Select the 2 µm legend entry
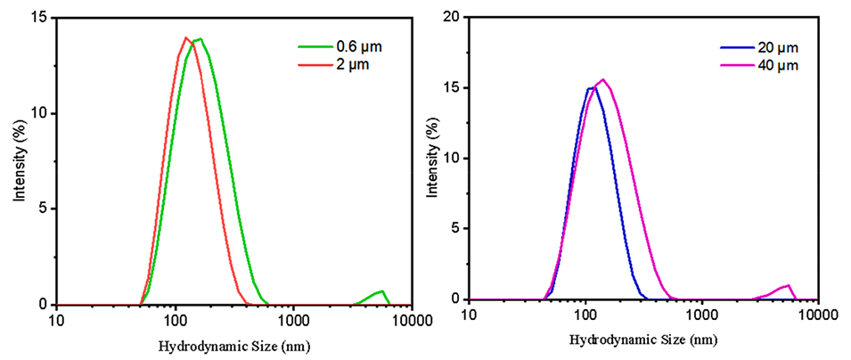334,64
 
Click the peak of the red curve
185,37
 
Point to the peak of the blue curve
592,87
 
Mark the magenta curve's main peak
603,80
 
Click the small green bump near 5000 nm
381,291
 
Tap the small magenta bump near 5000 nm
788,286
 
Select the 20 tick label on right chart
452,18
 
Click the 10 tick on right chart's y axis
452,159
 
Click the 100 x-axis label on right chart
585,316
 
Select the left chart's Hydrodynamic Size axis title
234,345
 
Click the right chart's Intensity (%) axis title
432,159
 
